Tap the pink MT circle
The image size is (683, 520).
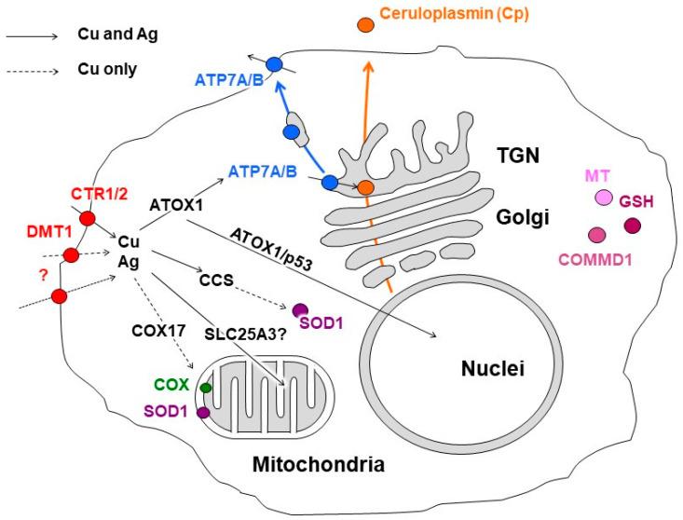tap(604, 198)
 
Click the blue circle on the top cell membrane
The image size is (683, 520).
tap(274, 64)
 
